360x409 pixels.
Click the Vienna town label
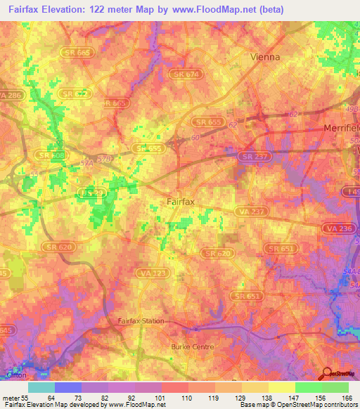[265, 57]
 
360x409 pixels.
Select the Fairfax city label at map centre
[181, 202]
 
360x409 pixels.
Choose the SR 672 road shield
[76, 93]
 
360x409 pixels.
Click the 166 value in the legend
[344, 398]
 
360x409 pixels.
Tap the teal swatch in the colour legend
[41, 387]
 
